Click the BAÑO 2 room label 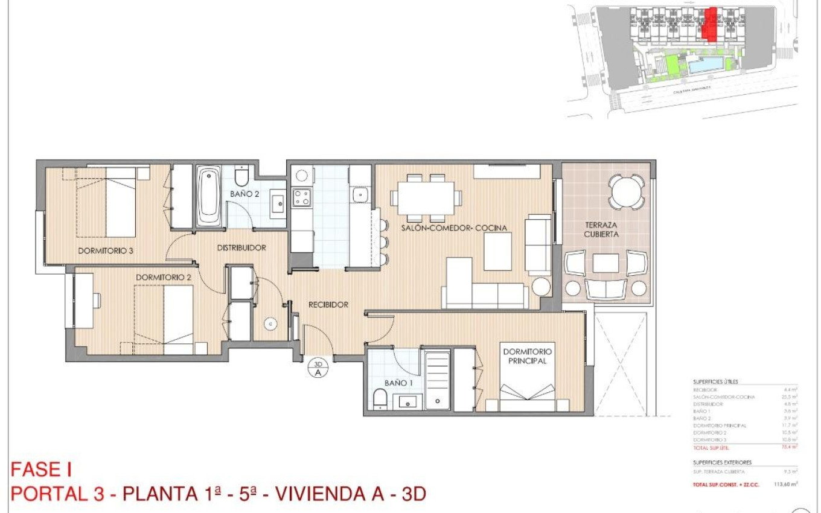pyautogui.click(x=244, y=194)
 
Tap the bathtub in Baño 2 pyautogui.click(x=209, y=197)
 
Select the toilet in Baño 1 pyautogui.click(x=380, y=398)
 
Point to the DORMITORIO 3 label pyautogui.click(x=105, y=250)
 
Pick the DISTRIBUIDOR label pyautogui.click(x=241, y=247)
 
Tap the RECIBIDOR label pyautogui.click(x=328, y=305)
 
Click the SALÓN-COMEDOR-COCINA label pyautogui.click(x=454, y=228)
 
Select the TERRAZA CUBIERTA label pyautogui.click(x=601, y=229)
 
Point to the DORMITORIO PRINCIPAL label pyautogui.click(x=526, y=356)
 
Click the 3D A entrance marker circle pyautogui.click(x=318, y=368)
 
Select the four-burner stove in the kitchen pyautogui.click(x=301, y=197)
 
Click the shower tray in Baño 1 pyautogui.click(x=437, y=380)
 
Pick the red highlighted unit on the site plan pyautogui.click(x=711, y=24)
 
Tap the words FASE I pyautogui.click(x=41, y=470)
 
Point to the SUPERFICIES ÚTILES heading pyautogui.click(x=715, y=382)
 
